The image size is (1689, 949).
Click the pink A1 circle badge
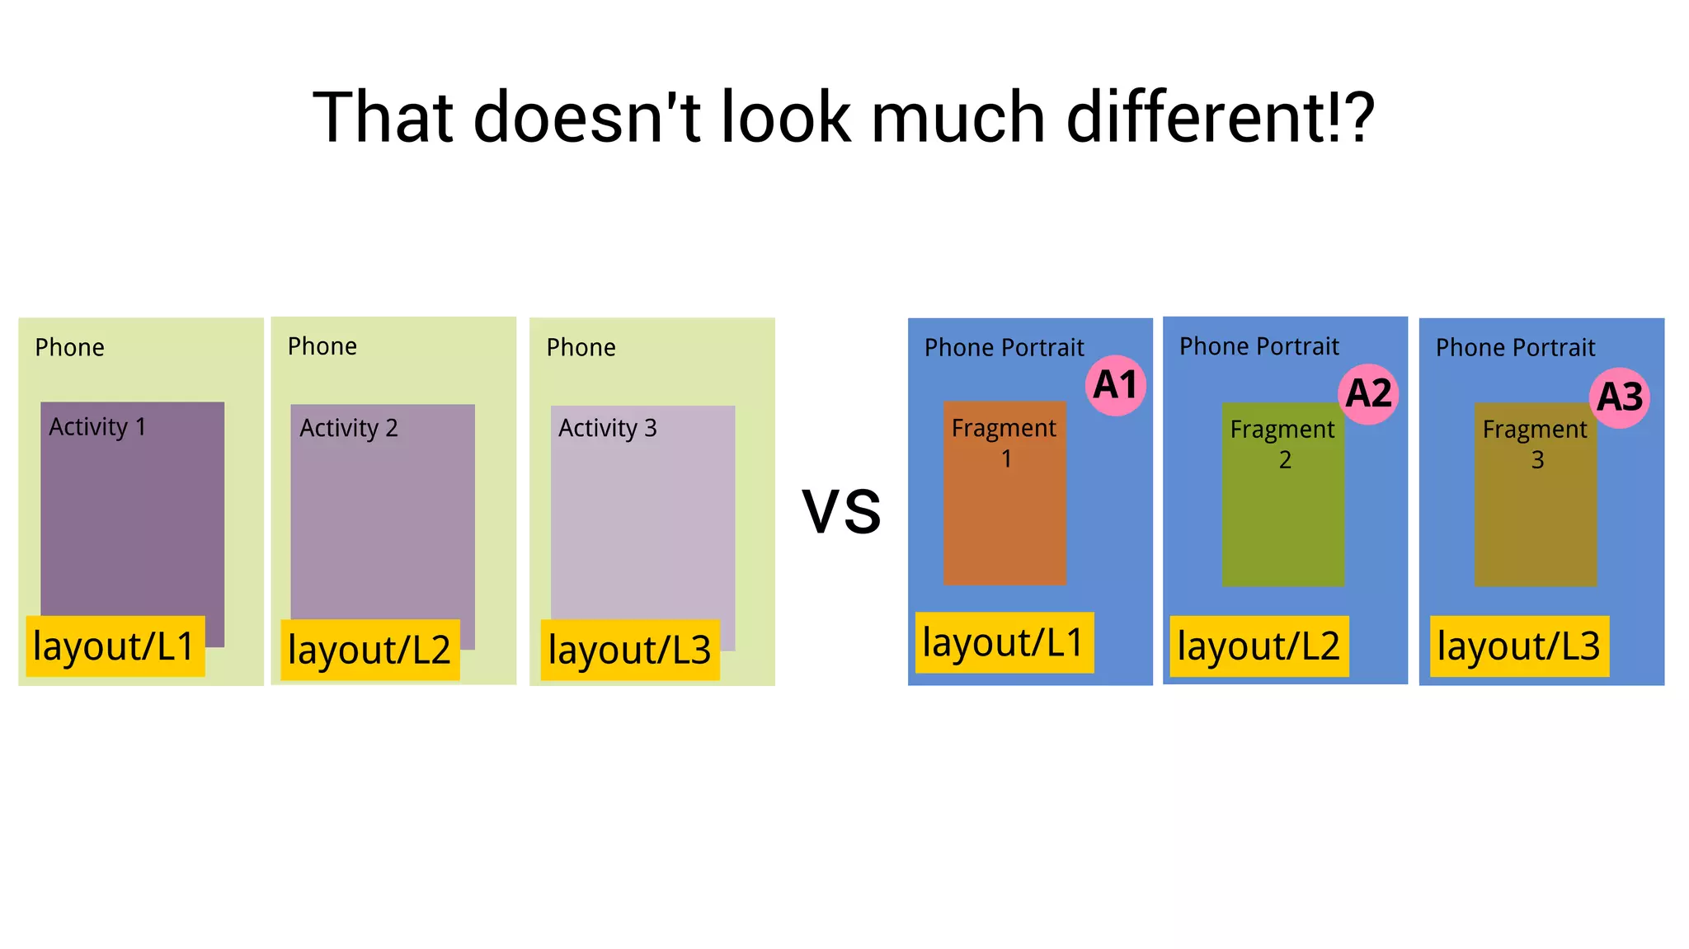1116,385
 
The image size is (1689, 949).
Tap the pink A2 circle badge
1368,393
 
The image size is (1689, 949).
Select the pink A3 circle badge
1620,397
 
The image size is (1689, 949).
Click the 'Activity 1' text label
97,427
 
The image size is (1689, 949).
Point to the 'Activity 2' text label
348,429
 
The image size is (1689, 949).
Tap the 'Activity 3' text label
607,429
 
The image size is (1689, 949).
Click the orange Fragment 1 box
1004,519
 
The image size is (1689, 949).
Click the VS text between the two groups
841,512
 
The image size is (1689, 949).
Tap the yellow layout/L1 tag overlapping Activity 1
115,646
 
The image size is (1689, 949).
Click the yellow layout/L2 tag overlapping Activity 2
369,650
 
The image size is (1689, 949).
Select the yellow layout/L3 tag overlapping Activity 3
629,650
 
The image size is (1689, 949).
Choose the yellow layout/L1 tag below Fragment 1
1004,642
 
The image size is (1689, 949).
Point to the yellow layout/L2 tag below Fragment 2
1259,646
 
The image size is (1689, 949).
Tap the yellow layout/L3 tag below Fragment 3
1519,646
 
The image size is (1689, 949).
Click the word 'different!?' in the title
1221,118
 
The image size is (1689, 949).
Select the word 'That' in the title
383,118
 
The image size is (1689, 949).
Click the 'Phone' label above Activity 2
322,346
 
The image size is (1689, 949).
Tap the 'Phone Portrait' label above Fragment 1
1004,348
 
